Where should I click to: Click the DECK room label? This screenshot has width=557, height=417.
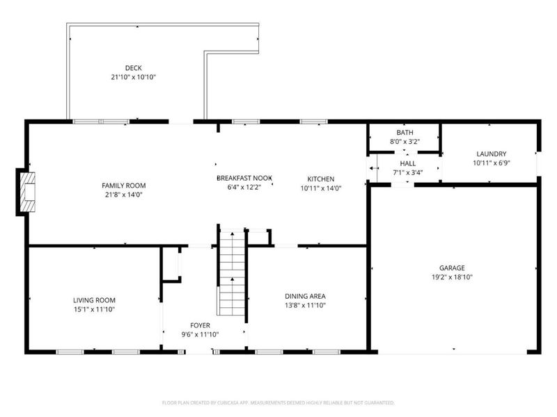pos(134,67)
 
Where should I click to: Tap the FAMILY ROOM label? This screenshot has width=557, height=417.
pos(124,186)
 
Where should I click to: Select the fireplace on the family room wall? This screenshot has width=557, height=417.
pos(27,192)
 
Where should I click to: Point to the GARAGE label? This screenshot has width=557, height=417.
pos(451,268)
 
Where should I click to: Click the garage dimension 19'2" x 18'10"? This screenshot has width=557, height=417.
pos(451,277)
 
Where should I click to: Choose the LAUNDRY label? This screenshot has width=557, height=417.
pos(491,154)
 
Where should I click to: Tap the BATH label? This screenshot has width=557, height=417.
pos(405,133)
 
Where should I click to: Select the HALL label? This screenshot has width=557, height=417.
pos(408,163)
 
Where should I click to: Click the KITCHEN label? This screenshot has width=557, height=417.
pos(322,179)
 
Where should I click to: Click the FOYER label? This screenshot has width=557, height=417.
pos(200,325)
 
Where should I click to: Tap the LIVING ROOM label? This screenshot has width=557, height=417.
pos(94,300)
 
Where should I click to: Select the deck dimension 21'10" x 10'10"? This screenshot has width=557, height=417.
pos(134,77)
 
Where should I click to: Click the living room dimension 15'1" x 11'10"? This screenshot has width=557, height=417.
pos(94,309)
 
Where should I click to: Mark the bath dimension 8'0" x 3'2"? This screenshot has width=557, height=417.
pos(405,142)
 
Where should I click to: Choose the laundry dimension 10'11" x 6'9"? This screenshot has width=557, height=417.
pos(491,163)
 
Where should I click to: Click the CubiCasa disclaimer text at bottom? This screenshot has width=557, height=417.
pos(278,402)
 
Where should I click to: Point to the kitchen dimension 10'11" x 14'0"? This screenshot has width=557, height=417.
pos(322,188)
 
